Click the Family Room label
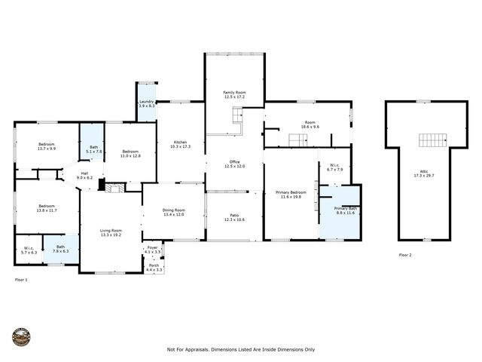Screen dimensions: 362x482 click(234, 92)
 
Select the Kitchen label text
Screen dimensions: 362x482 click(180, 142)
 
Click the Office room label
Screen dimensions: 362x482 click(234, 162)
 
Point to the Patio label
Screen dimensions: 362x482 click(234, 216)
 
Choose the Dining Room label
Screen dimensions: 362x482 click(173, 210)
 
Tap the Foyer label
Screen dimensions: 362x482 click(152, 247)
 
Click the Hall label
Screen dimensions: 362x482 click(87, 173)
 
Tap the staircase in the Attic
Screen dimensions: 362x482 click(432, 141)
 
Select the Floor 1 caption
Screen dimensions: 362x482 click(21, 279)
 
